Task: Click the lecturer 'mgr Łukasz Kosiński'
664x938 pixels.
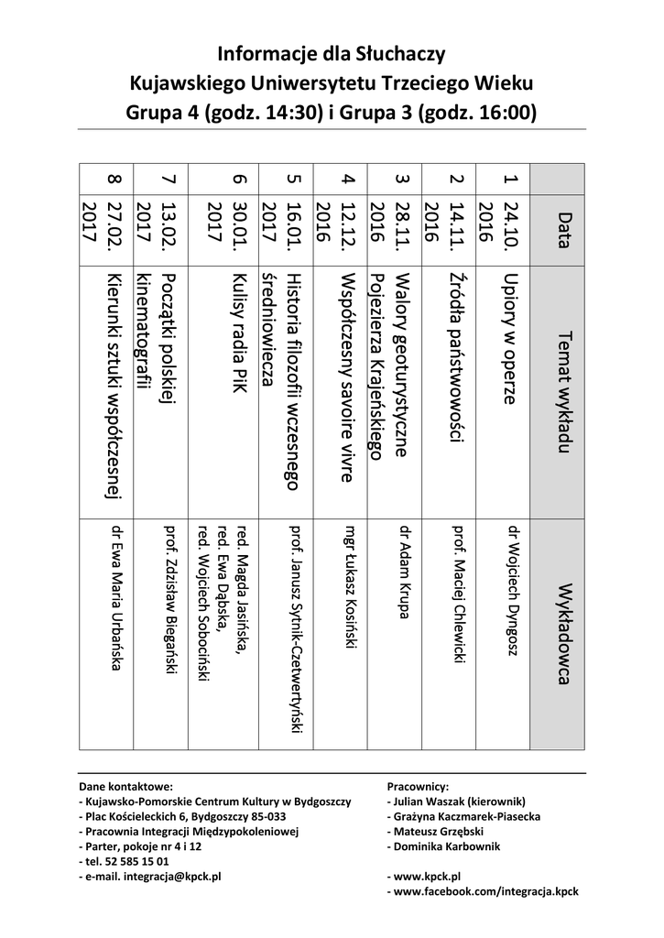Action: [349, 585]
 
